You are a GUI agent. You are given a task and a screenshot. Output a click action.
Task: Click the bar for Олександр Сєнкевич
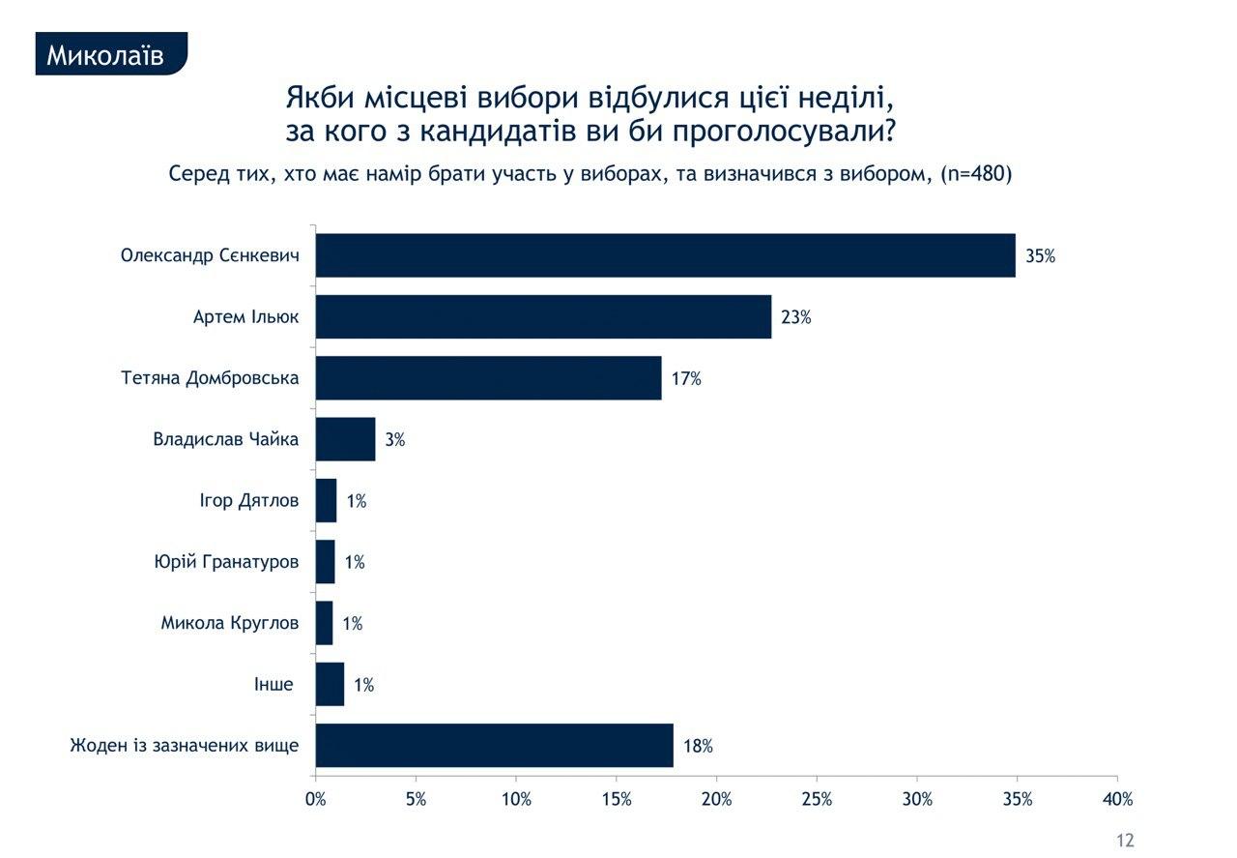click(x=665, y=255)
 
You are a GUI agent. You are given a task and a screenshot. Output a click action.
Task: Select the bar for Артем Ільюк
click(x=543, y=316)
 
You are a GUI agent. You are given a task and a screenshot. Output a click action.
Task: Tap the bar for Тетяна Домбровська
click(x=488, y=378)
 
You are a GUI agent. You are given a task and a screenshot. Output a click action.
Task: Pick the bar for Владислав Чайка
click(x=345, y=439)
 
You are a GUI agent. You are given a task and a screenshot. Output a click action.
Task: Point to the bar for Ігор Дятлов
click(x=326, y=501)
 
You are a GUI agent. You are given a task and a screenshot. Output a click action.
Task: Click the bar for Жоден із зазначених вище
click(x=494, y=746)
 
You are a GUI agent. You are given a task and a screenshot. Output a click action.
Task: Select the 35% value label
click(x=1041, y=256)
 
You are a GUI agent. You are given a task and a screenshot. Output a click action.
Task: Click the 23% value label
click(x=796, y=317)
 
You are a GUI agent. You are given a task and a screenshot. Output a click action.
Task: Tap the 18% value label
click(x=698, y=747)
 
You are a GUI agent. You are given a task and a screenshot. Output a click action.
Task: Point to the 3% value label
click(x=394, y=440)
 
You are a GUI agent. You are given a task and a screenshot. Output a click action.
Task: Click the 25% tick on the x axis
click(x=817, y=800)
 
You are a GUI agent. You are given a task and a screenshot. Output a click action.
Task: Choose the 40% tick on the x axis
click(x=1117, y=800)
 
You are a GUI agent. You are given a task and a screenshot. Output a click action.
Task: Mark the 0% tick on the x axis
click(x=316, y=800)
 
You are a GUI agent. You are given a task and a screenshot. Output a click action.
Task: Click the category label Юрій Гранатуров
click(x=226, y=562)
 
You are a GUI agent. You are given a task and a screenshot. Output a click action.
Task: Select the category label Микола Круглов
click(x=230, y=623)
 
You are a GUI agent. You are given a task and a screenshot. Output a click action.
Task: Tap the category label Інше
click(x=273, y=685)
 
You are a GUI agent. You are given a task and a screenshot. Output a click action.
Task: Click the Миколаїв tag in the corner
click(x=105, y=56)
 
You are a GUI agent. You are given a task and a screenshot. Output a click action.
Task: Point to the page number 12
click(x=1124, y=841)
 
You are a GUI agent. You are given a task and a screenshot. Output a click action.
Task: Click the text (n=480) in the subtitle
click(x=975, y=175)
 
